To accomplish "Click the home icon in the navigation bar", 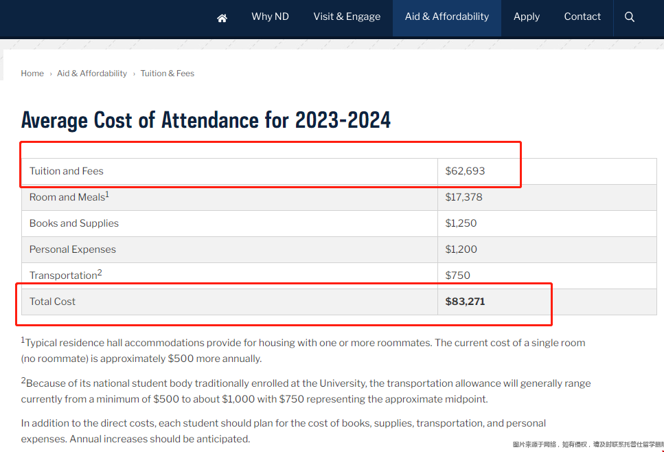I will (222, 18).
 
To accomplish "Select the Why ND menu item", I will (270, 16).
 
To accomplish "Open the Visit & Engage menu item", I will (347, 16).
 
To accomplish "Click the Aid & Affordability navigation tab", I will (447, 16).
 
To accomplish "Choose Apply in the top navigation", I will (527, 16).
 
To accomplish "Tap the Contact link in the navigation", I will (582, 16).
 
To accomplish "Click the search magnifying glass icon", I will (630, 17).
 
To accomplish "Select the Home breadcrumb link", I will (32, 74).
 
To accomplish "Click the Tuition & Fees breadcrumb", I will (168, 74).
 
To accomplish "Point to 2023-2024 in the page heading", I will (343, 120).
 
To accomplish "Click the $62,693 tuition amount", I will (465, 171).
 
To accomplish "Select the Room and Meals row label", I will (67, 197).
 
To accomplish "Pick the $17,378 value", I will (463, 197).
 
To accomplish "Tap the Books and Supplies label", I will (74, 223).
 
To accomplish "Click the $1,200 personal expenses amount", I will (461, 249).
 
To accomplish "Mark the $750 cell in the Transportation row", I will (457, 275).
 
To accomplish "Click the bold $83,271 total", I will (465, 302).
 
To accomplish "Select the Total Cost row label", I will (52, 302).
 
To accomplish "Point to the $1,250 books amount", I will (461, 223).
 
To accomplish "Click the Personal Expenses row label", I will (73, 249).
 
